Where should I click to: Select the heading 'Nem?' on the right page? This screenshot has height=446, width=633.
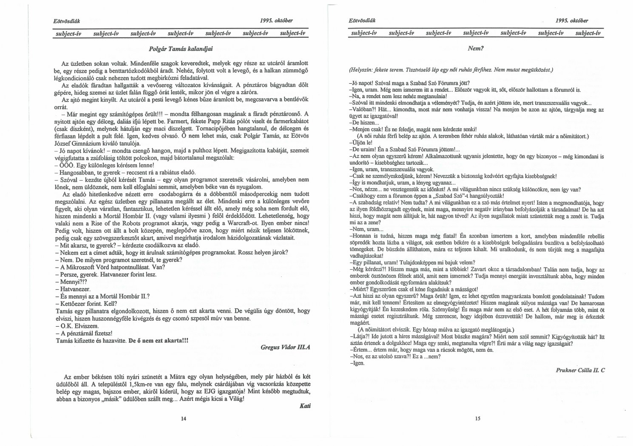(x=476, y=48)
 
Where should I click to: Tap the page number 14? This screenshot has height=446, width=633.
(x=183, y=419)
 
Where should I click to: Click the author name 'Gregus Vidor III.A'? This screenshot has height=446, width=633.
(x=286, y=347)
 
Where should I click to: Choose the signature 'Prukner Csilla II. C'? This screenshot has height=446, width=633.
(x=580, y=370)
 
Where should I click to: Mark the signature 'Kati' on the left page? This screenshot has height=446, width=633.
(x=305, y=406)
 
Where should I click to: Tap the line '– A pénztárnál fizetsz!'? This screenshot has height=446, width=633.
(x=83, y=333)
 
